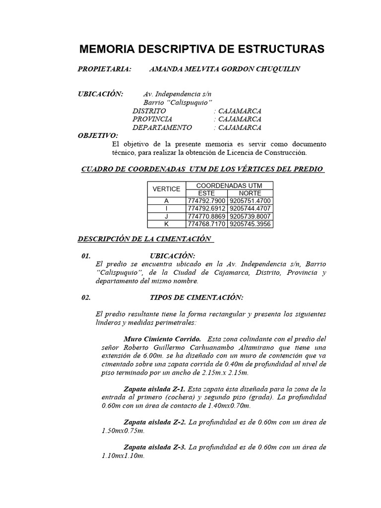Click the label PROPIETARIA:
pyautogui.click(x=105, y=69)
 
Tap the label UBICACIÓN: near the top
pyautogui.click(x=101, y=94)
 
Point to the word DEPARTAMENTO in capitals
pyautogui.click(x=162, y=127)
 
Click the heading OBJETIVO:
pyautogui.click(x=98, y=135)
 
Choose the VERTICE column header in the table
pyautogui.click(x=166, y=189)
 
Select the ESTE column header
pyautogui.click(x=206, y=192)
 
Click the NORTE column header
pyautogui.click(x=250, y=192)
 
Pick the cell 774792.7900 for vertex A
pyautogui.click(x=206, y=200)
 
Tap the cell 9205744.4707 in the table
pyautogui.click(x=250, y=208)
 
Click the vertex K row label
pyautogui.click(x=166, y=224)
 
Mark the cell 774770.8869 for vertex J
pyautogui.click(x=206, y=216)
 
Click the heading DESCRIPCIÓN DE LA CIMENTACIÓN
pyautogui.click(x=145, y=239)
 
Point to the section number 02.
pyautogui.click(x=85, y=298)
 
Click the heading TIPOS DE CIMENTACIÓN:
pyautogui.click(x=196, y=298)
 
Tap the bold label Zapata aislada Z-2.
pyautogui.click(x=154, y=423)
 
